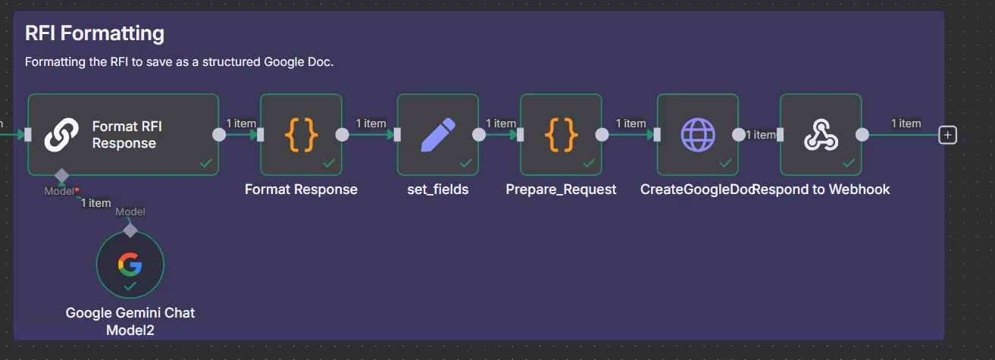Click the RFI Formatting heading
[95, 33]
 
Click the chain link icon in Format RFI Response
[61, 135]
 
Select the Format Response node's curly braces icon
[301, 135]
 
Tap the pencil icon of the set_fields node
[437, 135]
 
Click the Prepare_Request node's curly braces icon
[561, 135]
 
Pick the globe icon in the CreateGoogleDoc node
[697, 135]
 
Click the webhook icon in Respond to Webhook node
[821, 135]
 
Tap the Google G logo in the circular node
[130, 264]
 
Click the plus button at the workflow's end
[947, 135]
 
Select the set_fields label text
[438, 189]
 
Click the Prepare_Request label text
[561, 189]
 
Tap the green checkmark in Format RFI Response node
[205, 163]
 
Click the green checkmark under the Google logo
[130, 286]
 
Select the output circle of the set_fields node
[479, 135]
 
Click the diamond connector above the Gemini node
[130, 230]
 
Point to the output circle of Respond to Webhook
[862, 135]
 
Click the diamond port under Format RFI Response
[61, 176]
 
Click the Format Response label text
[301, 189]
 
